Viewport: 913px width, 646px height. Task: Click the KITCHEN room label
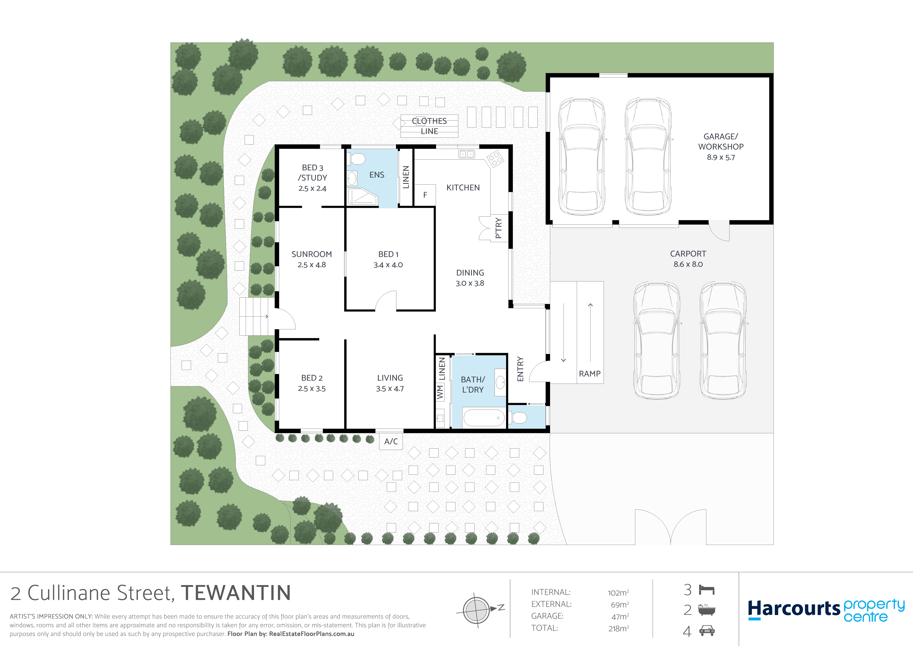[463, 188]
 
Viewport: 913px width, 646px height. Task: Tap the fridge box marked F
[425, 195]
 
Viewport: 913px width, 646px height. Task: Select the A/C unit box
[391, 441]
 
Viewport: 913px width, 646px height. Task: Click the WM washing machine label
[440, 392]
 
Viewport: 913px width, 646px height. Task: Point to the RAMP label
[590, 374]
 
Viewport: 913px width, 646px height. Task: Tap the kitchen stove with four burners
[495, 158]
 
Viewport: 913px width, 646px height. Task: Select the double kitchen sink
[466, 154]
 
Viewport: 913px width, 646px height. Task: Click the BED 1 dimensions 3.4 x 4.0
[388, 265]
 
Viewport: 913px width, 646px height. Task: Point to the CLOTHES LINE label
[429, 126]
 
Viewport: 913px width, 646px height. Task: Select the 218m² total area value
[618, 629]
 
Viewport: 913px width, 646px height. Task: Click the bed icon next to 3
[707, 590]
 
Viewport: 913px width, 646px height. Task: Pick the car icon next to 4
[707, 630]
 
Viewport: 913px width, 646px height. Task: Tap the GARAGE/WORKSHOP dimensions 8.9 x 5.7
[721, 158]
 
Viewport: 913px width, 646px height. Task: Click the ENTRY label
[520, 369]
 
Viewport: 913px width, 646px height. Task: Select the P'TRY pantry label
[498, 228]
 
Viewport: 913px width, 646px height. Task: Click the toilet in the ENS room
[357, 159]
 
